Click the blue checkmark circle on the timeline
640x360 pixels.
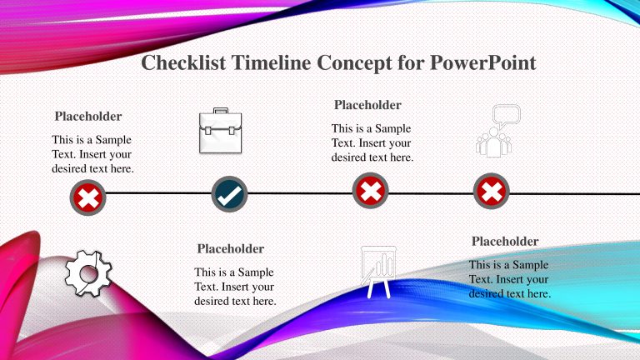[229, 195]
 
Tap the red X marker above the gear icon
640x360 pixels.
[88, 199]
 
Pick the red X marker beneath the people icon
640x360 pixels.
[492, 192]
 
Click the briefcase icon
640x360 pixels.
[220, 132]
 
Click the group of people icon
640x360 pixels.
[496, 141]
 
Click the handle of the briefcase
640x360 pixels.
[220, 112]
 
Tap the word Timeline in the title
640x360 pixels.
[268, 63]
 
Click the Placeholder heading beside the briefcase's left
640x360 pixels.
[88, 116]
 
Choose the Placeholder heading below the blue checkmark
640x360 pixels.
[231, 248]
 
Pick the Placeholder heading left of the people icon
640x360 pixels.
[367, 105]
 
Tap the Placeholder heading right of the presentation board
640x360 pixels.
[505, 241]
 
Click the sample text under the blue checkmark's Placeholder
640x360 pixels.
[235, 287]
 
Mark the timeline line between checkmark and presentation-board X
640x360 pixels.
[300, 193]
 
